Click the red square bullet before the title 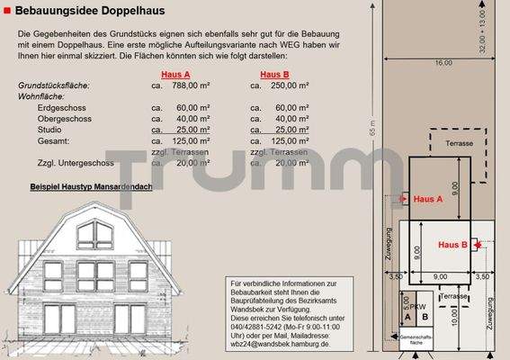click(7, 10)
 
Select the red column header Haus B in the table click(274, 75)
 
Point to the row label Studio click(52, 130)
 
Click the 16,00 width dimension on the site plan click(443, 63)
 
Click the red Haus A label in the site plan click(428, 199)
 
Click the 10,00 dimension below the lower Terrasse click(454, 317)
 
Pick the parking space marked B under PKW click(424, 318)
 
